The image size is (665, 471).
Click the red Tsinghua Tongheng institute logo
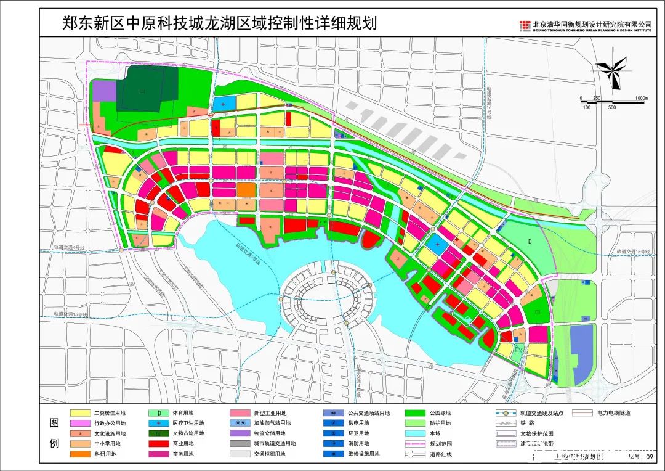pos(525,25)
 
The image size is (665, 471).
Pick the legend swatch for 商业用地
pos(159,444)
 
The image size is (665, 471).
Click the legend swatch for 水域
pos(416,433)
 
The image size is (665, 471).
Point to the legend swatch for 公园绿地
pos(416,413)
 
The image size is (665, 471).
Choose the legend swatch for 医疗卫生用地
pos(159,424)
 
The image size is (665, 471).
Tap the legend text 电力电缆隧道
pos(614,413)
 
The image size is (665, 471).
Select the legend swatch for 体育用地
pos(159,413)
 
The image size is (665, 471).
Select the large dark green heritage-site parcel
pos(147,89)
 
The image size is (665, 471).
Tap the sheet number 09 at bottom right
pos(650,457)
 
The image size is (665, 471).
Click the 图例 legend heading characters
pos(54,433)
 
